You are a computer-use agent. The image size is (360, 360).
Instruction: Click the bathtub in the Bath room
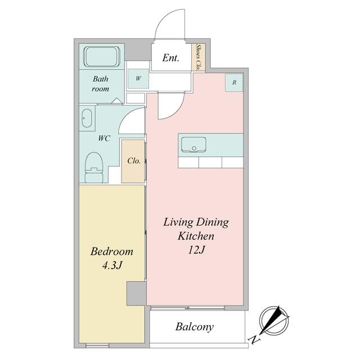click(x=101, y=57)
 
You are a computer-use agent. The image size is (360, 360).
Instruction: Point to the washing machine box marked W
click(x=138, y=78)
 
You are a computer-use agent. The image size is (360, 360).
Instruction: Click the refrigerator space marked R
click(x=234, y=82)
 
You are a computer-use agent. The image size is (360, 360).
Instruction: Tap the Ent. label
click(x=172, y=58)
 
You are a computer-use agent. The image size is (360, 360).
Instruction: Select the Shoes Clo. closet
click(x=199, y=57)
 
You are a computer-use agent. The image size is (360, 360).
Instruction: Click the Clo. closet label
click(x=133, y=160)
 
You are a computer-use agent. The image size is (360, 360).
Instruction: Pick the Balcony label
click(x=194, y=327)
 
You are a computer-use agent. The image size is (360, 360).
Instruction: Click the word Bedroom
click(x=111, y=251)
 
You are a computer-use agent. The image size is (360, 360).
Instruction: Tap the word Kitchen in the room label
click(x=195, y=236)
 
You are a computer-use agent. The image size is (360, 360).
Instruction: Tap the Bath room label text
click(x=101, y=84)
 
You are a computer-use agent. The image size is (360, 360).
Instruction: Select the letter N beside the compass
click(x=255, y=339)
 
